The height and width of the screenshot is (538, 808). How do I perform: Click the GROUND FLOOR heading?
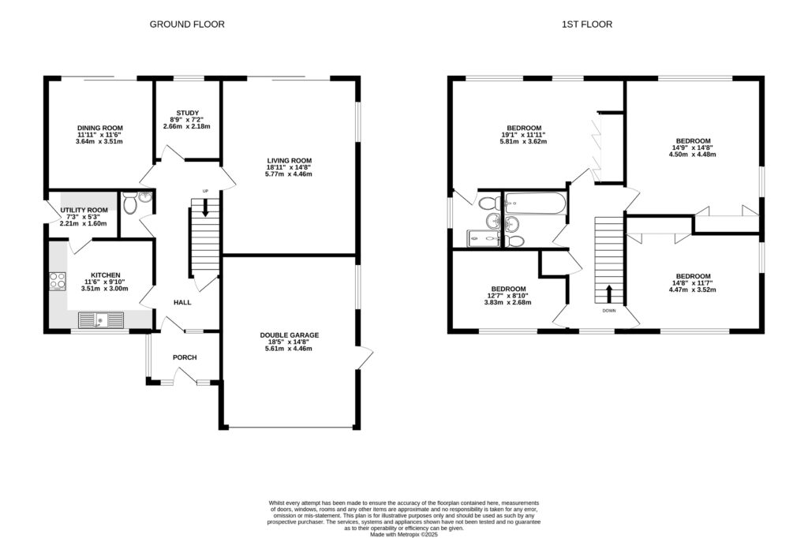tap(187, 24)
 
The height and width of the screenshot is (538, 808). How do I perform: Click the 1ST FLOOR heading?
tap(586, 24)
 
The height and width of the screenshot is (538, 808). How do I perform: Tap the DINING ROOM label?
tap(100, 128)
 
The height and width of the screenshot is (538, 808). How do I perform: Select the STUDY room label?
tap(187, 112)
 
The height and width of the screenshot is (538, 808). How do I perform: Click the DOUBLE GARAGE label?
tap(290, 334)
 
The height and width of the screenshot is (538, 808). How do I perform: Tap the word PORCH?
tap(185, 357)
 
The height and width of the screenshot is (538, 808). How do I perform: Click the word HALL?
tap(183, 302)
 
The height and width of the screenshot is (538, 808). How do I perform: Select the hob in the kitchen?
tap(58, 280)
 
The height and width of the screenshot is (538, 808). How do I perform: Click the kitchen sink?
tap(102, 320)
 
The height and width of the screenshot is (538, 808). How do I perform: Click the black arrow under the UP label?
tap(206, 208)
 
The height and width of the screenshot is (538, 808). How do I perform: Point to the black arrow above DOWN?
tap(608, 294)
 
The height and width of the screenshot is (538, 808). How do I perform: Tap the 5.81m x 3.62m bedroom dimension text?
tap(524, 142)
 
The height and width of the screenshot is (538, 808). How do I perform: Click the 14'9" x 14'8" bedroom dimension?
tap(691, 148)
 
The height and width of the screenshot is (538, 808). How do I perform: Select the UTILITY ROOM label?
tap(84, 210)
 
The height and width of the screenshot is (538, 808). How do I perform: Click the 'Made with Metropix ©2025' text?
tap(403, 534)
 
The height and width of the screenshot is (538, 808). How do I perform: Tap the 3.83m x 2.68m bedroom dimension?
tap(509, 303)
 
